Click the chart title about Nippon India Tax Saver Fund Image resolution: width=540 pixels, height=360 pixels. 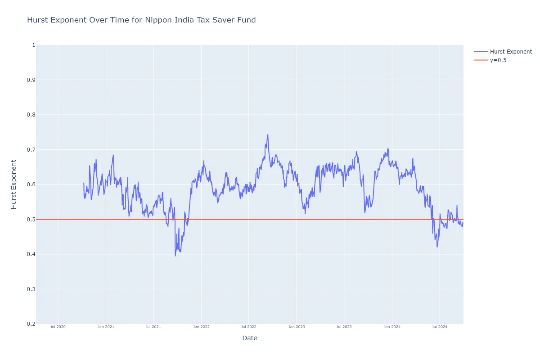(141, 20)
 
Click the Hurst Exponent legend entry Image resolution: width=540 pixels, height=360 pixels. (511, 52)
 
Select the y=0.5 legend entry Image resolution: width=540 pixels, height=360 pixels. (498, 60)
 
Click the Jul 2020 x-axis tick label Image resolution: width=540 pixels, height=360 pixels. (58, 327)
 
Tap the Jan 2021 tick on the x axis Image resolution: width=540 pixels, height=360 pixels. (106, 327)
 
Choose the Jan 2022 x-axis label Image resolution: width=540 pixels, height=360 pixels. (201, 327)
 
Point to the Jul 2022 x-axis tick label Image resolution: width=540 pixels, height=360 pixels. (248, 327)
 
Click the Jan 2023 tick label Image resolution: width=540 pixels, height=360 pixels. (297, 327)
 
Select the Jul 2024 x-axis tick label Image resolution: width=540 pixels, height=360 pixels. (439, 327)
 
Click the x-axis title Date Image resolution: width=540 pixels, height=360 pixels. (249, 338)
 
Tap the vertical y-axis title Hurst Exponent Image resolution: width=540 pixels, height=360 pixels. (14, 184)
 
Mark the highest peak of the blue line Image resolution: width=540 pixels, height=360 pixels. (268, 135)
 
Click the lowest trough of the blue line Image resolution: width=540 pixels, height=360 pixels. (175, 256)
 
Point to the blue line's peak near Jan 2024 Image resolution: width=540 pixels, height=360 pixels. (387, 149)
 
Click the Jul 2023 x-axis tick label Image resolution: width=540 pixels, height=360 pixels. (344, 327)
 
